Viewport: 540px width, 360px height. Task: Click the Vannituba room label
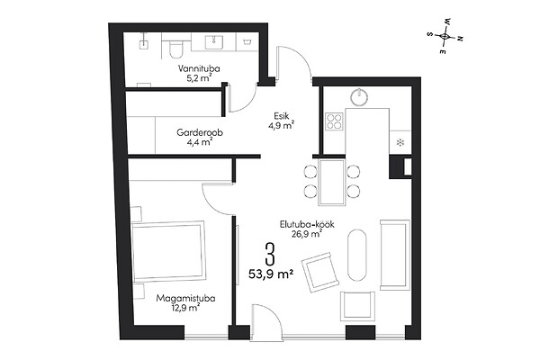(x=199, y=68)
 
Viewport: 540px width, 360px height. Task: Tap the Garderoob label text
(x=200, y=132)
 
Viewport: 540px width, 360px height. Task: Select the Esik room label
(x=282, y=116)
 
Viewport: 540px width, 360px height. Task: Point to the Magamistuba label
(x=185, y=298)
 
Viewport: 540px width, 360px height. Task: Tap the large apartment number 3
(x=271, y=254)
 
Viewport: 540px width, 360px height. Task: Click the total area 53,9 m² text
(x=271, y=274)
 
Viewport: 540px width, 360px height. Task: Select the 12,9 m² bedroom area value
(x=186, y=308)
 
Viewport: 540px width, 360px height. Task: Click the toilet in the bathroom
(x=175, y=48)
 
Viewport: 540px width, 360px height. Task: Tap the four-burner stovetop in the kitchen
(x=334, y=121)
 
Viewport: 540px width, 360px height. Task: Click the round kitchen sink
(x=359, y=95)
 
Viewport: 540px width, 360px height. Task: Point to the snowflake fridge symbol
(x=400, y=142)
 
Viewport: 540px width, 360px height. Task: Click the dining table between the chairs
(x=332, y=182)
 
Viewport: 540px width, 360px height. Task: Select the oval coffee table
(x=357, y=256)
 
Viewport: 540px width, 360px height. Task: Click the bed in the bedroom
(x=168, y=251)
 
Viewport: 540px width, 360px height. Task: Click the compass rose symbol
(x=445, y=36)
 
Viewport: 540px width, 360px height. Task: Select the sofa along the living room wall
(x=395, y=255)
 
